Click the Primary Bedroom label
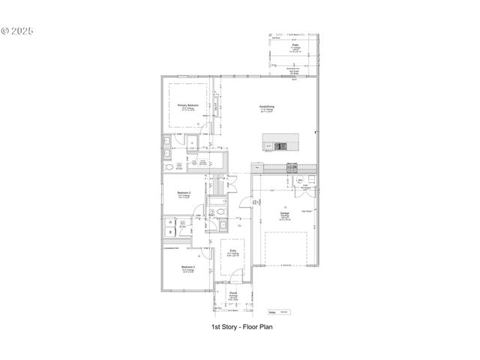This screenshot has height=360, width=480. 188,106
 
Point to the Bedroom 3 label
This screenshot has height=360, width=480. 188,267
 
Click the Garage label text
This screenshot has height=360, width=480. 285,213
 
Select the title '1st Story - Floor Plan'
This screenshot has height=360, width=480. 241,327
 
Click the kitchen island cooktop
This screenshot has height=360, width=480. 280,145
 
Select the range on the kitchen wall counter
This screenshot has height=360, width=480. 291,166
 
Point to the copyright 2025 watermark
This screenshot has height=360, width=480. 18,32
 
